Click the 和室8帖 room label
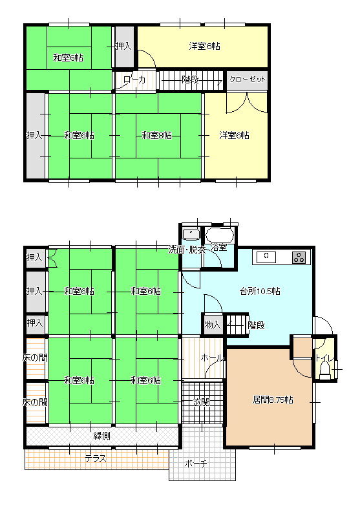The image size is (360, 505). coord(157,135)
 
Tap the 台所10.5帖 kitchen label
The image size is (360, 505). coord(260,292)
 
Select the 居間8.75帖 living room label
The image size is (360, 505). coord(273,400)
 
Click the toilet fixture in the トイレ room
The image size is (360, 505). coord(325,371)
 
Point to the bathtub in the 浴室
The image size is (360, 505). coord(219,235)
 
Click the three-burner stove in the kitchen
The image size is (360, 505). coord(299,257)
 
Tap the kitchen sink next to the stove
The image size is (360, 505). coord(266,257)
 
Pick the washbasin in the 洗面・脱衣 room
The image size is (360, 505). coord(191,234)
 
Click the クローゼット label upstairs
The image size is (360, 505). coord(248,80)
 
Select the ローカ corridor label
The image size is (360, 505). coord(134,80)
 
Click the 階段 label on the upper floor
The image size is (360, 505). coord(190,80)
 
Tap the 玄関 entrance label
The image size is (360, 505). coord(202,402)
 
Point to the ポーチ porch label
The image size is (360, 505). coord(196,464)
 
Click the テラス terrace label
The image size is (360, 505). coord(96,458)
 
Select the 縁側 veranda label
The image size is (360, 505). coord(101,436)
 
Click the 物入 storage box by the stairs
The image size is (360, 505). coord(213,325)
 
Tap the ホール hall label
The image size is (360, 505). coord(212,358)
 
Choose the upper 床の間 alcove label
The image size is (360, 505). coord(35,358)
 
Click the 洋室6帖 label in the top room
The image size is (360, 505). coord(204,47)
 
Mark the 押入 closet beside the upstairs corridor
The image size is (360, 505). coord(124,47)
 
